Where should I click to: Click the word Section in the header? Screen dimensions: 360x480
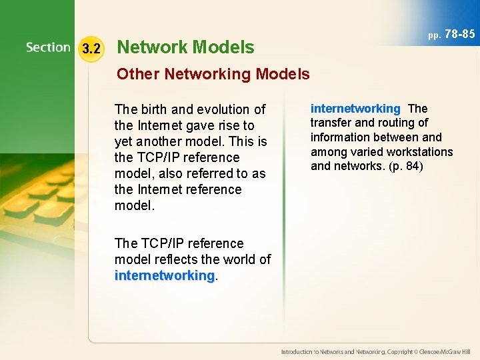click(48, 47)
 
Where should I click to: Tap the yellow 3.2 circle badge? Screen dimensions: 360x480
click(91, 48)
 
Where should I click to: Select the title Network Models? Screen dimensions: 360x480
click(185, 47)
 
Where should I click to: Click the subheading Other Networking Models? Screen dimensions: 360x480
click(213, 74)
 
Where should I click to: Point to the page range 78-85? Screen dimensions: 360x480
click(460, 34)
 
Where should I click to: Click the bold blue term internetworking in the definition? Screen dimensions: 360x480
click(355, 109)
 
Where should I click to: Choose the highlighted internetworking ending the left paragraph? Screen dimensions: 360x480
click(164, 275)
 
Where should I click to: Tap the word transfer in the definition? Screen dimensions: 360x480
click(329, 123)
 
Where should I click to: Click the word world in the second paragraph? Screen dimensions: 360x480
click(239, 259)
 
